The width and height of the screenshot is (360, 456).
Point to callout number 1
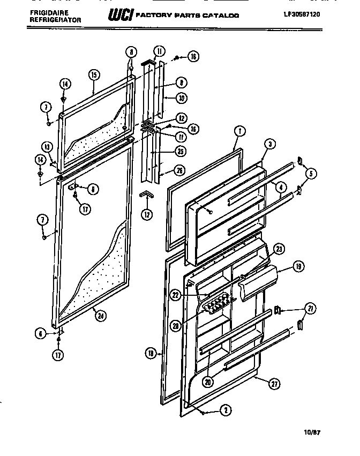click(239, 130)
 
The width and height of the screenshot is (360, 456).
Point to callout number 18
click(152, 352)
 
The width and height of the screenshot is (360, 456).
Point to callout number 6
click(40, 333)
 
